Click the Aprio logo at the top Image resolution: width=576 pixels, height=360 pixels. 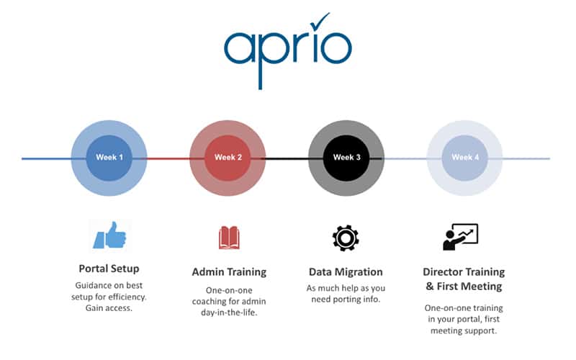click(x=287, y=51)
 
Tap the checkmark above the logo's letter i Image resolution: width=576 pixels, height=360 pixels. click(x=320, y=22)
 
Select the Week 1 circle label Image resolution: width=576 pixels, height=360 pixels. click(x=109, y=157)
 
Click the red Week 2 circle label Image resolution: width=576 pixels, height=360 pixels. click(x=228, y=157)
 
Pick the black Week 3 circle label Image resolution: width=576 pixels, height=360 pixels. click(x=347, y=157)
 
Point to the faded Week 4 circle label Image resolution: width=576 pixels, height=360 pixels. click(x=465, y=157)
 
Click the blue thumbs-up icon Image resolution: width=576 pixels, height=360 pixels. click(x=109, y=235)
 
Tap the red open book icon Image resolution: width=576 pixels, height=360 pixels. click(x=229, y=238)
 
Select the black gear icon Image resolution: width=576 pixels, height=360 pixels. click(x=346, y=238)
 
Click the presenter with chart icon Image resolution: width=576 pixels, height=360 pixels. click(x=460, y=237)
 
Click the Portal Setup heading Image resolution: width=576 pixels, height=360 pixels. click(x=109, y=269)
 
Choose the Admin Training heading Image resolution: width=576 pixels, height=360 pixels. click(x=229, y=272)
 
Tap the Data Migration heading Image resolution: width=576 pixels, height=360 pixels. click(x=346, y=272)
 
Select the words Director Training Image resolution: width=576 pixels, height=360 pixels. click(x=464, y=272)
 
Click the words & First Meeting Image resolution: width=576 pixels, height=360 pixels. click(x=464, y=286)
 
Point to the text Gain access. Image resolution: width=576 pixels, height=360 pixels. click(x=109, y=308)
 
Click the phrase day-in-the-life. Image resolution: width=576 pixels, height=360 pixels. click(x=229, y=312)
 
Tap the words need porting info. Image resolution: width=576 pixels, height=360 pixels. click(x=346, y=300)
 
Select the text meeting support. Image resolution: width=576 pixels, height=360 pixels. click(x=464, y=330)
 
